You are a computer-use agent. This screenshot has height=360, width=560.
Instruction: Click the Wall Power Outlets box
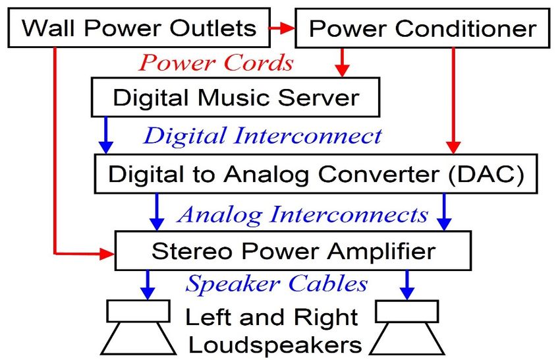[139, 28]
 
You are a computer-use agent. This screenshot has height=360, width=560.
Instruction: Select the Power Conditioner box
[422, 28]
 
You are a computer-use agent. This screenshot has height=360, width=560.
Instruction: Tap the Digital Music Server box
[236, 98]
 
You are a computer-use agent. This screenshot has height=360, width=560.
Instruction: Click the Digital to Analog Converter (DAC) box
[316, 174]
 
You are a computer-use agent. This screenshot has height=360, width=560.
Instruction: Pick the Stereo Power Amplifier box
[293, 251]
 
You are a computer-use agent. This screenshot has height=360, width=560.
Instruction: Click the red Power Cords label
[216, 63]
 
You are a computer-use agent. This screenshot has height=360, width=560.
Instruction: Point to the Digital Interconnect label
[262, 136]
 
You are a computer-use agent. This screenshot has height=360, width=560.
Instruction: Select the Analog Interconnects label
[303, 214]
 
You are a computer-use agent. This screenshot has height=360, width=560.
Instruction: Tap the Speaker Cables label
[277, 284]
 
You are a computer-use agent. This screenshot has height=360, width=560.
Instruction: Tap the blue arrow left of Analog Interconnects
[157, 212]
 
